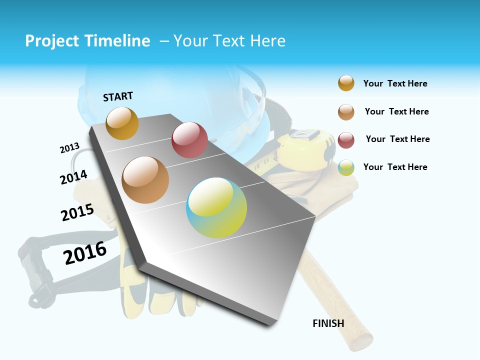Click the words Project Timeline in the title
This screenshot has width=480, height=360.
[87, 41]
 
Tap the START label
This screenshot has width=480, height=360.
[118, 96]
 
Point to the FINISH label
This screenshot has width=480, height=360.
[328, 323]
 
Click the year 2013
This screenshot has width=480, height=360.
[69, 148]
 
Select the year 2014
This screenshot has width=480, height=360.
[73, 177]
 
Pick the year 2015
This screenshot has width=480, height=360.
[77, 212]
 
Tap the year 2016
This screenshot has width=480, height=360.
[85, 253]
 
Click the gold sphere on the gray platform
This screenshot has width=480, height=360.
[122, 123]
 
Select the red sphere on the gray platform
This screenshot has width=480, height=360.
[189, 140]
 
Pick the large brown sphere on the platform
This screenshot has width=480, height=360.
[145, 180]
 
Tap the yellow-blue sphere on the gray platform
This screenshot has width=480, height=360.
[216, 207]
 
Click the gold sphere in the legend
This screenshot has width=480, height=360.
[346, 83]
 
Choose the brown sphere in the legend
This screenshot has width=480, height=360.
[346, 112]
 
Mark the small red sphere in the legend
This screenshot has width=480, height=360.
[346, 140]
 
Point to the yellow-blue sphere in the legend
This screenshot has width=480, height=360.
[346, 167]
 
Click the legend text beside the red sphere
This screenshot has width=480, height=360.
[397, 139]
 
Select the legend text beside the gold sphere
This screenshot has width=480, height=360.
[395, 83]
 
